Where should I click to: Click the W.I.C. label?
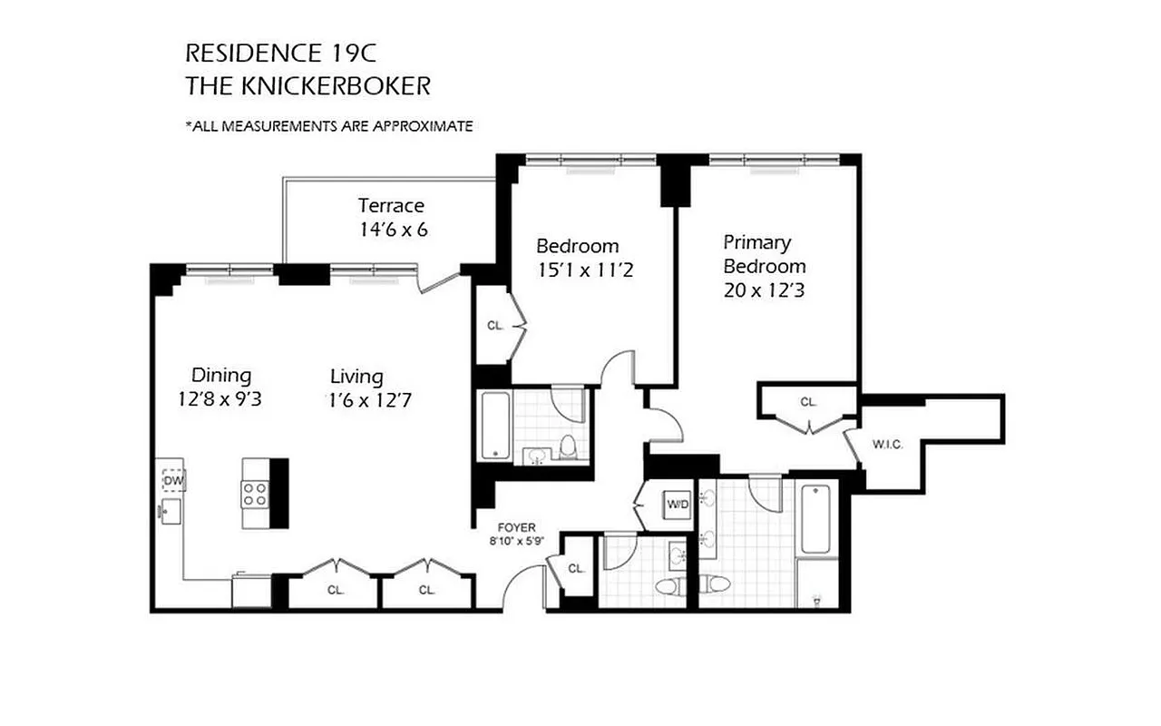[886, 445]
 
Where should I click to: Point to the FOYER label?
[517, 527]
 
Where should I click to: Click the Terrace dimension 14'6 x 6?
[393, 230]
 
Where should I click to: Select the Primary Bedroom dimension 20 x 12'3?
[764, 291]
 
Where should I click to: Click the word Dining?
[221, 375]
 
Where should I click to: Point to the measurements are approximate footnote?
[328, 126]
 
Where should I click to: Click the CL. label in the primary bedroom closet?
[808, 401]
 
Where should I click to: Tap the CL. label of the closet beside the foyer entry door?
[576, 569]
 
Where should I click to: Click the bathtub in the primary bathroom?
[815, 519]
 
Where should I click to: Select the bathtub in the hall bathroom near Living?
[494, 426]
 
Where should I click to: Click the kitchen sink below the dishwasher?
[170, 509]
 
